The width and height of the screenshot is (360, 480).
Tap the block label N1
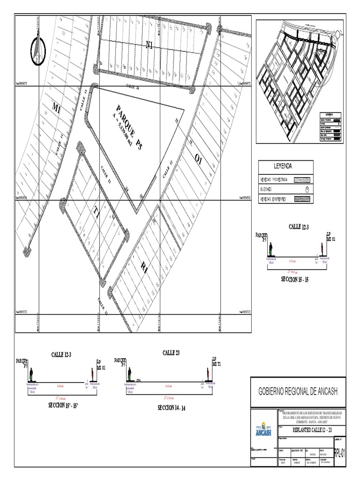coord(150,45)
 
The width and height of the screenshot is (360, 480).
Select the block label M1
coord(56,109)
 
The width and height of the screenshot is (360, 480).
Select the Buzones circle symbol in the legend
coord(307,189)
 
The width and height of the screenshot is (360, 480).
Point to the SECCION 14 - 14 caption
coord(172,408)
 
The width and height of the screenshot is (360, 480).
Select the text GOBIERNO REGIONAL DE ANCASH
coord(298,391)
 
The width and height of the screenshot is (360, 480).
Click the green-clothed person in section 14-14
coord(129,374)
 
